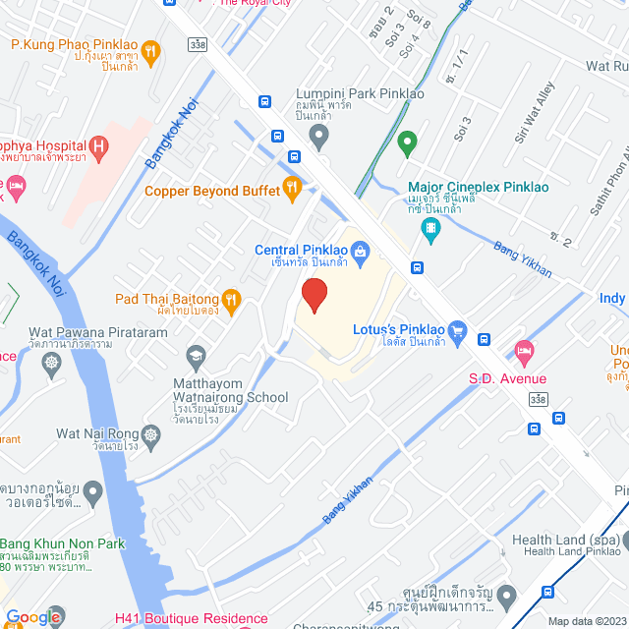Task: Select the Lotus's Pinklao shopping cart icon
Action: coord(456,331)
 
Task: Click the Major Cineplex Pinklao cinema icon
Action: coord(429,230)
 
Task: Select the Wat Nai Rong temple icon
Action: coord(151,433)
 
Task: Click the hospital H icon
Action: coord(97,149)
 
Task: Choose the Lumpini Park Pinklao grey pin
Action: coord(317,137)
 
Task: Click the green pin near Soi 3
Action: coord(407,145)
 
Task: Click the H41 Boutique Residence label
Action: coord(191,619)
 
